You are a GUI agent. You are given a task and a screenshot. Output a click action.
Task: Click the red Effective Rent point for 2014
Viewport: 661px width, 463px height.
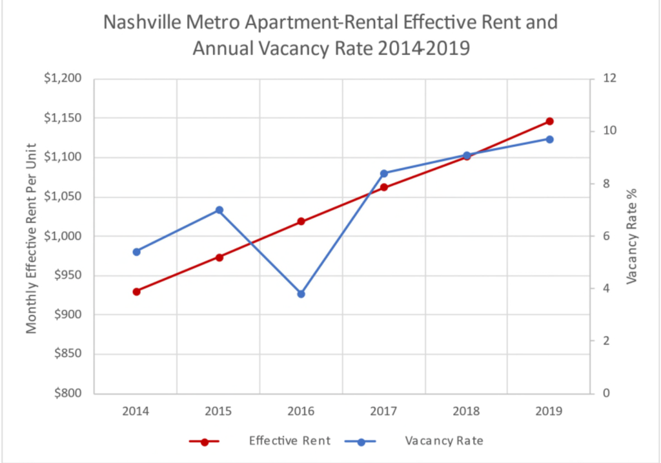[136, 292]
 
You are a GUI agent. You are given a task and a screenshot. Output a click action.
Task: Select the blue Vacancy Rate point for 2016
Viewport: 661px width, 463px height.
[301, 294]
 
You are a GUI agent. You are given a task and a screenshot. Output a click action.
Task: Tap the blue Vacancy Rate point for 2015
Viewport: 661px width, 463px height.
[219, 210]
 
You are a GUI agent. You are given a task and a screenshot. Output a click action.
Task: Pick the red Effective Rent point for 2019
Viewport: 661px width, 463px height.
[549, 122]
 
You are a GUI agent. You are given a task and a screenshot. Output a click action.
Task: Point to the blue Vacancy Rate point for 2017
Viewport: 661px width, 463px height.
[383, 173]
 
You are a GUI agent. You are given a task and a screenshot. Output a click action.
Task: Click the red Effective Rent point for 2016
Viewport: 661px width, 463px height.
[301, 221]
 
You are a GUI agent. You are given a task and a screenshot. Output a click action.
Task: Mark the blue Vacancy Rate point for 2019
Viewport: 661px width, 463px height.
[549, 139]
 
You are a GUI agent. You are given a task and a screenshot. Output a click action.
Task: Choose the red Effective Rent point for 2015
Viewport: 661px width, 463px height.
[219, 257]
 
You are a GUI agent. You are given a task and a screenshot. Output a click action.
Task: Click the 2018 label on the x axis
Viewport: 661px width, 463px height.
[467, 411]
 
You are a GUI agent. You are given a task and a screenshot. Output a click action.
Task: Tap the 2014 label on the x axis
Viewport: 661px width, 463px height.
[136, 411]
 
